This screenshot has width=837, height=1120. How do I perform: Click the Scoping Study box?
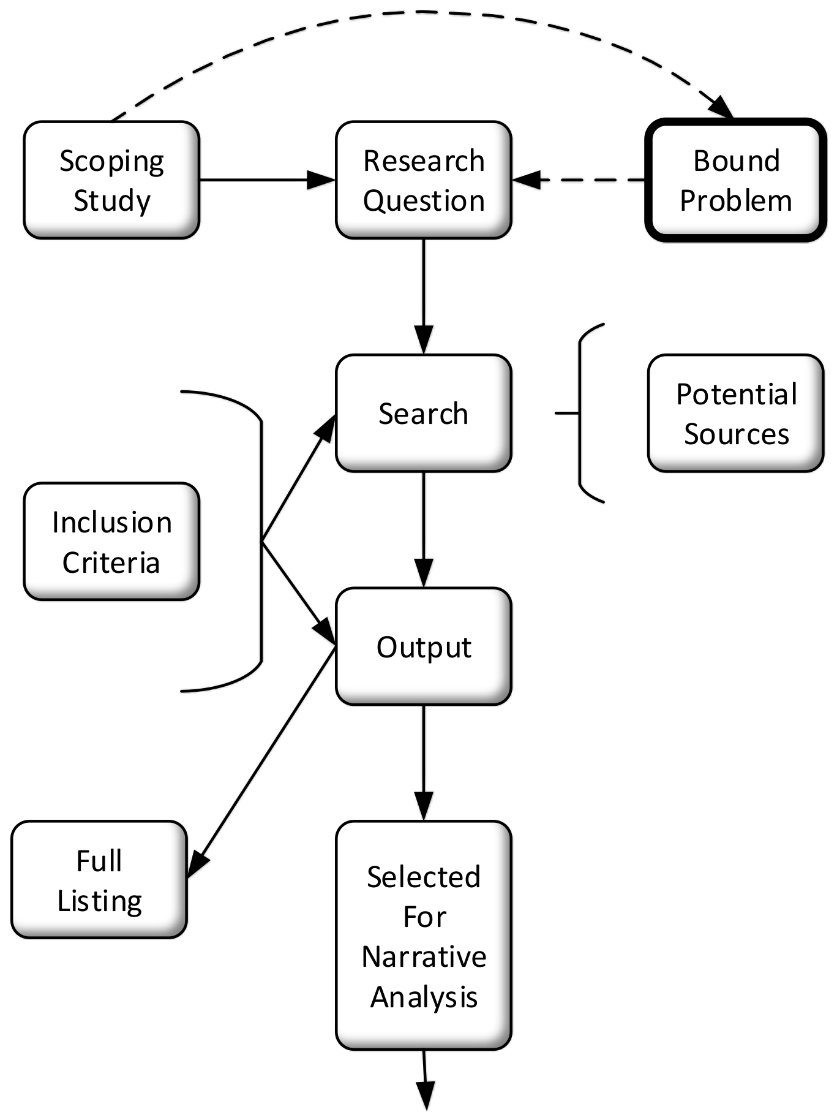pos(111,180)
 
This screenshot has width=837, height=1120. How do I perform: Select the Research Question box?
pos(424,180)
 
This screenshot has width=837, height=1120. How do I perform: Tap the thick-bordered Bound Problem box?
pos(736,180)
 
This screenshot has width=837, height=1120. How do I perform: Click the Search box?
pos(424,414)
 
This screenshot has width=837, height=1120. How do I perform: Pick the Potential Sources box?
pos(736,414)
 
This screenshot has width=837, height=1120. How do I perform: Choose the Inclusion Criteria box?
pos(111,542)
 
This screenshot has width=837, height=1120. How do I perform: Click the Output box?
pos(424,647)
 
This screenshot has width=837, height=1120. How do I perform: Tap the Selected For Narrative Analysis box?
pos(424,936)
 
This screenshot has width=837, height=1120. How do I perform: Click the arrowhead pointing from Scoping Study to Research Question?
pos(321,180)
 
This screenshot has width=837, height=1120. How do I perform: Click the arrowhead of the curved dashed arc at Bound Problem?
pos(723,108)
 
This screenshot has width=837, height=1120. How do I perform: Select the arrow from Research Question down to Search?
pos(424,294)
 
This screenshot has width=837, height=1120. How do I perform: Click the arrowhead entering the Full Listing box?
pos(197,864)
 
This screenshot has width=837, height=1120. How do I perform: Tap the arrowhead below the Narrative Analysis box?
pos(425,1094)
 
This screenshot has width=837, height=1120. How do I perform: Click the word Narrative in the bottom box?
pos(424,957)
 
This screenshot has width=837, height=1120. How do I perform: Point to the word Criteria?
pos(111,562)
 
